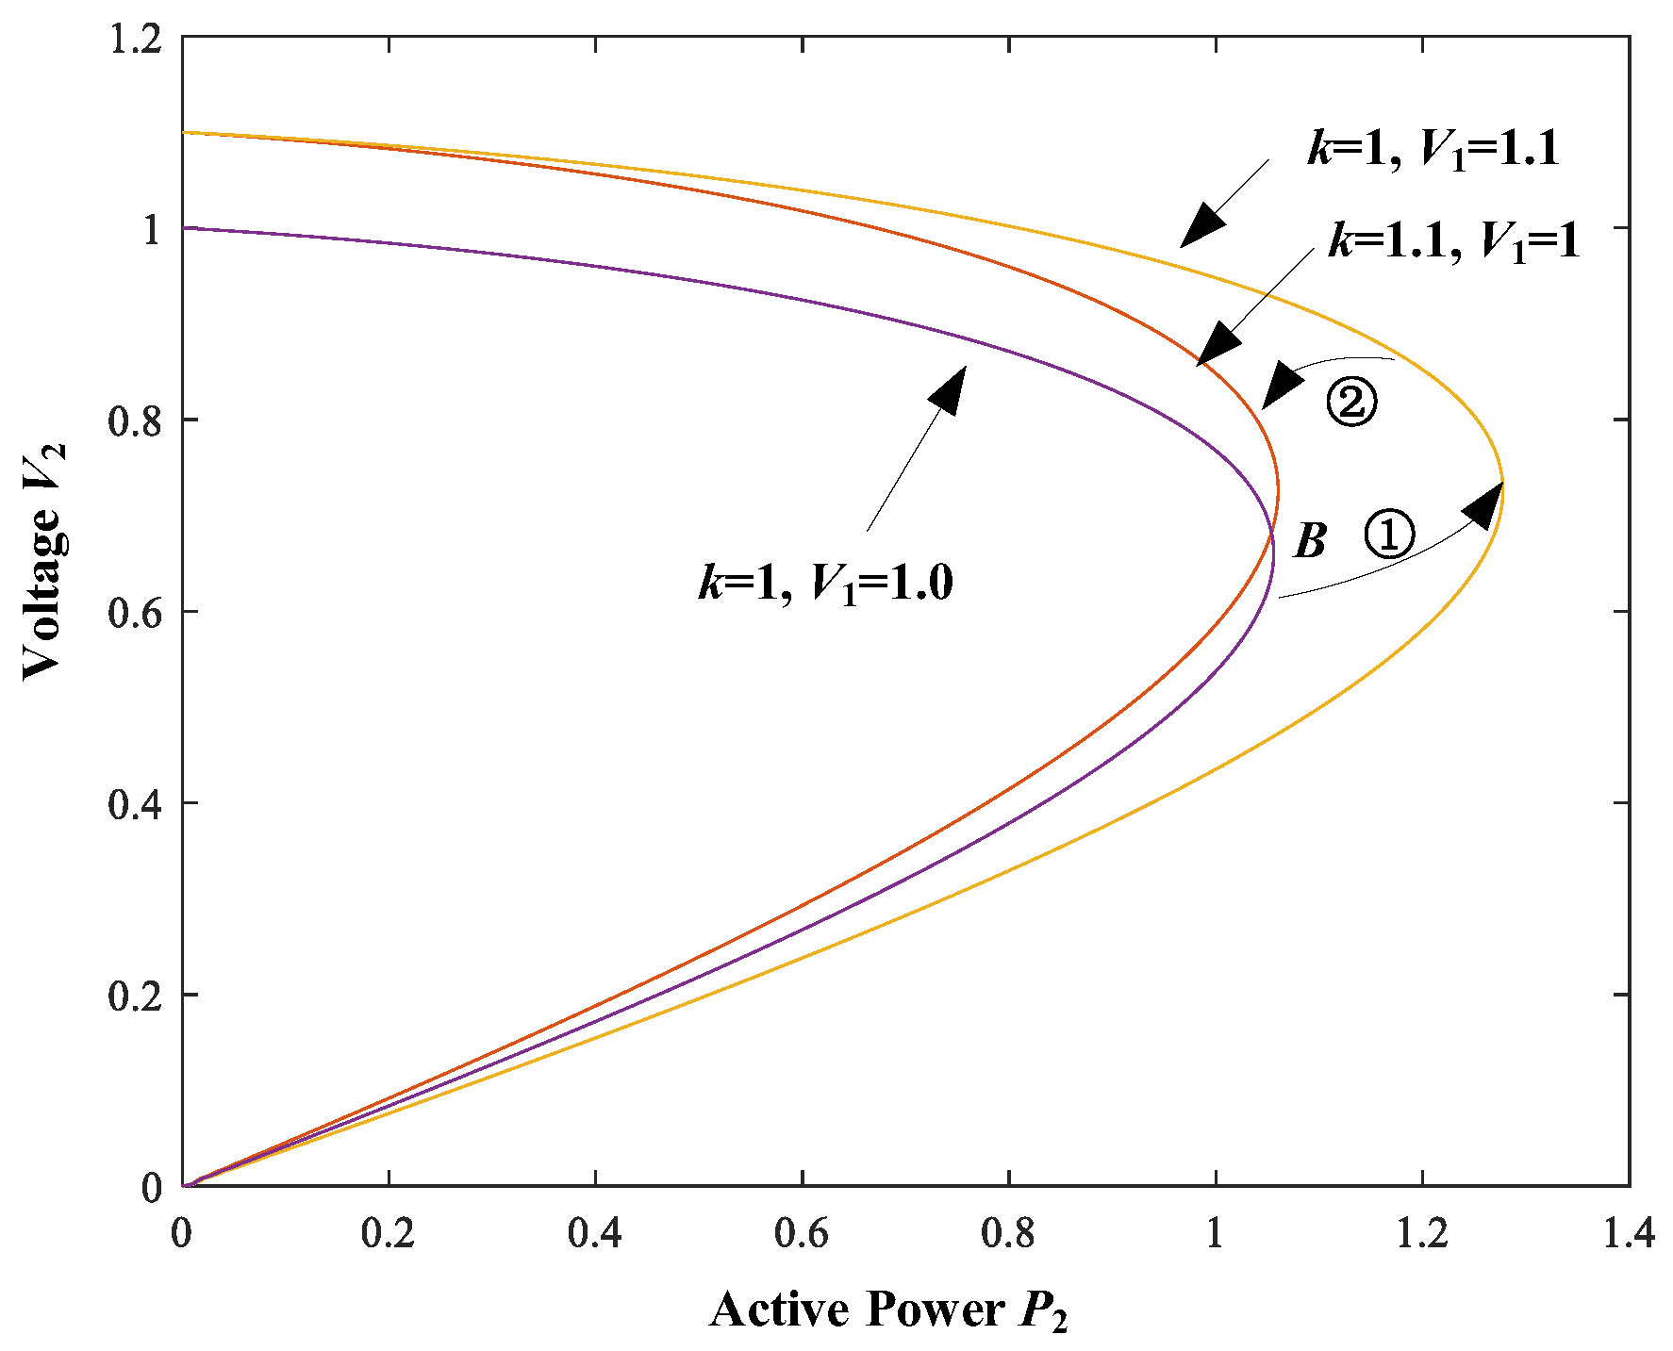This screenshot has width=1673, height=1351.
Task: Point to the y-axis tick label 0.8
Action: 136,420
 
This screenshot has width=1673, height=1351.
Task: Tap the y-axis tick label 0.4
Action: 136,804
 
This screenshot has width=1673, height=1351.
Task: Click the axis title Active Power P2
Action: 888,1310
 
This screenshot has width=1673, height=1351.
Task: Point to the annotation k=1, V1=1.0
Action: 826,582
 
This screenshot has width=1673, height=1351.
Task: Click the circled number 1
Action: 1390,535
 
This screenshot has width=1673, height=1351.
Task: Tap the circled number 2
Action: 1351,403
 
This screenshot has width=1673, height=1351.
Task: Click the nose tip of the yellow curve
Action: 1503,483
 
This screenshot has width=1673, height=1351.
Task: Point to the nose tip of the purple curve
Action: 1273,556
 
